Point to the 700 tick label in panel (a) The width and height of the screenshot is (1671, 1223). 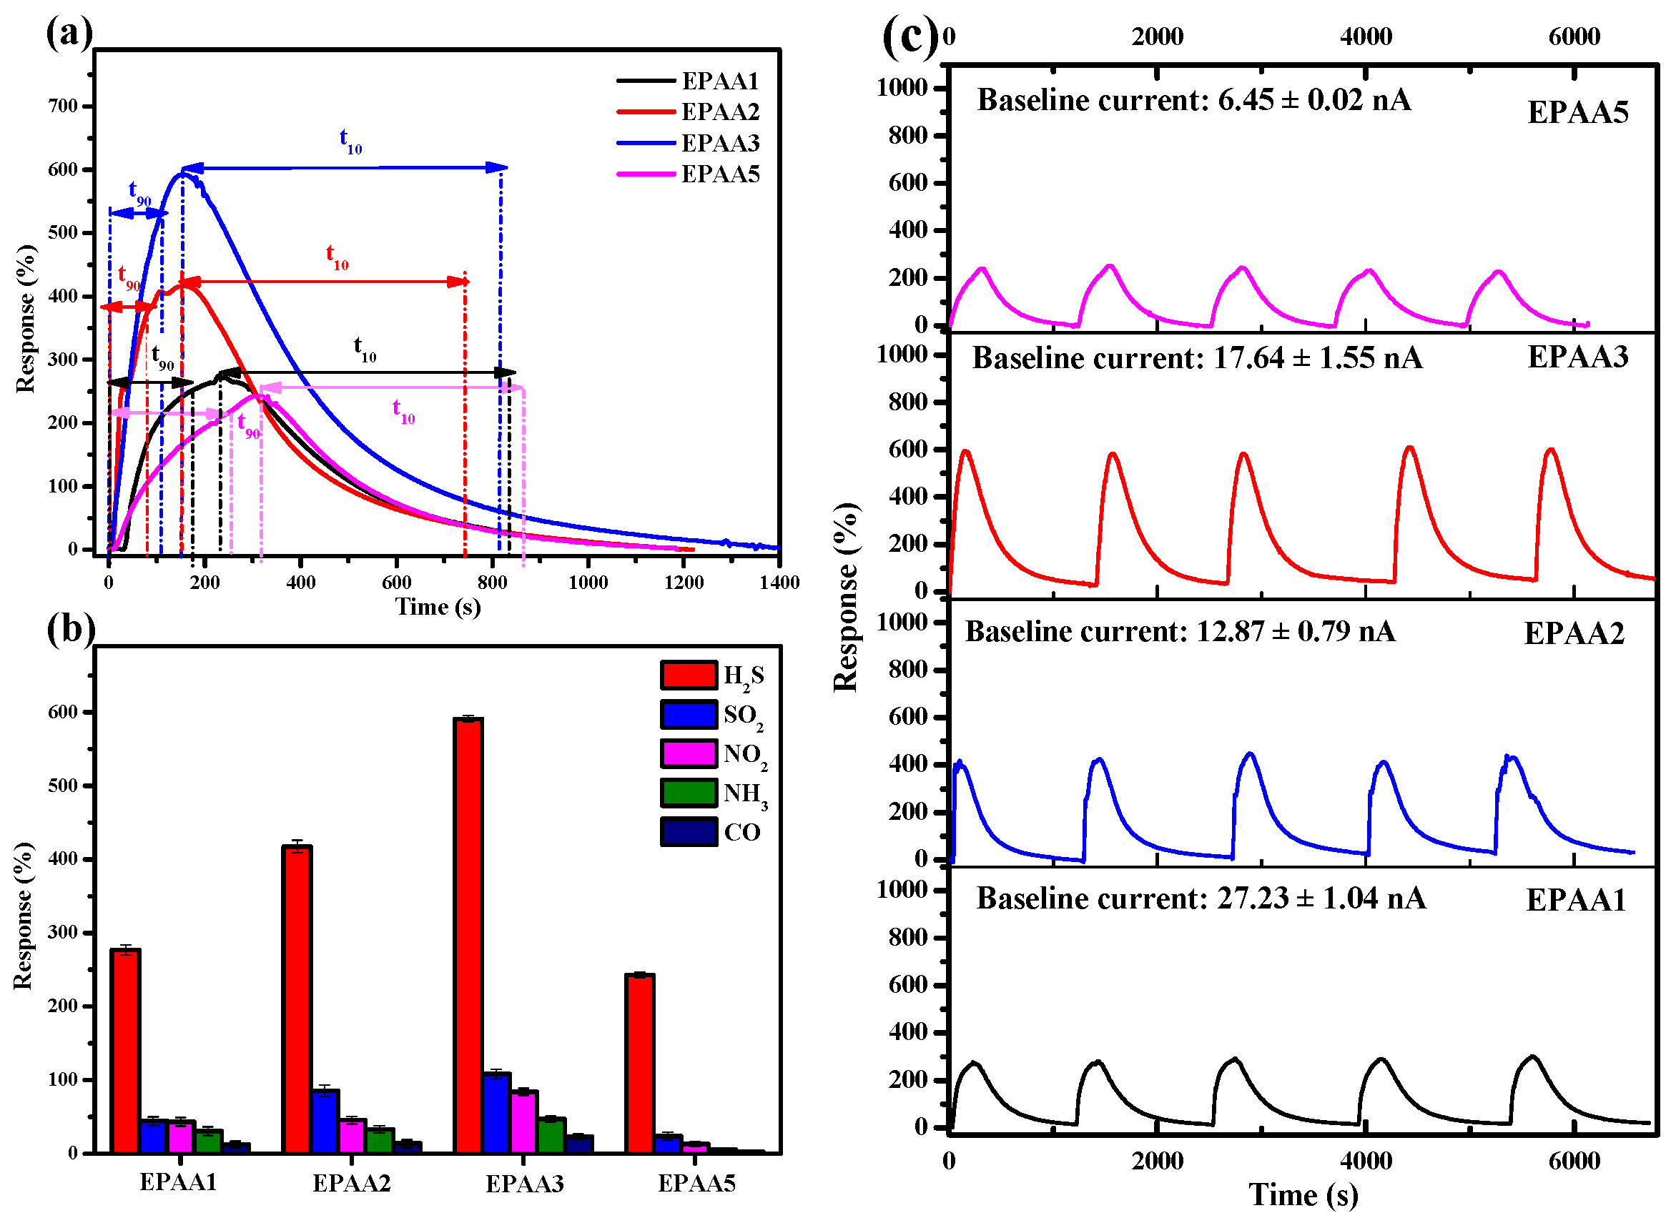(x=63, y=106)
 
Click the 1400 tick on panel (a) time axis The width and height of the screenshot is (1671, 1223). (x=779, y=582)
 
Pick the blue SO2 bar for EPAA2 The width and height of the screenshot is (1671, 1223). (x=325, y=1119)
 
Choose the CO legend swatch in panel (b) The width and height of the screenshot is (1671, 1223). (x=688, y=831)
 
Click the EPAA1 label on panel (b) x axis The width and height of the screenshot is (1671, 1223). (x=178, y=1182)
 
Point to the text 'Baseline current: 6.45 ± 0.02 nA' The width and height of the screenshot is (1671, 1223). (x=1193, y=100)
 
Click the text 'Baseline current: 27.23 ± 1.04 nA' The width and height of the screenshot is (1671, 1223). (x=1200, y=898)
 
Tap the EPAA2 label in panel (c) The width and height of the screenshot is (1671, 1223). (x=1573, y=634)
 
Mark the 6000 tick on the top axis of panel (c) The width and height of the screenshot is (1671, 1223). (x=1573, y=36)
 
